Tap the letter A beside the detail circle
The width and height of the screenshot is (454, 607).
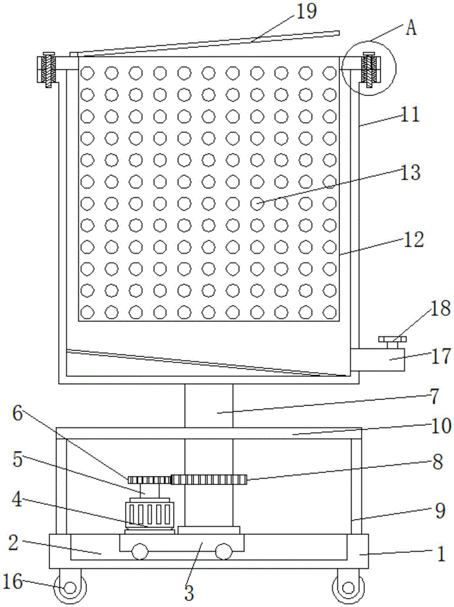tap(411, 29)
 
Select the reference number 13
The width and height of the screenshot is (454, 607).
tap(410, 172)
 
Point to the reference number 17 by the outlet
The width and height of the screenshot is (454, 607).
tap(441, 356)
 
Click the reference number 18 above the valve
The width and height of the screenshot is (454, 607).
tap(440, 308)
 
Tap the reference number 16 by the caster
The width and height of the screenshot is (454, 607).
tap(13, 582)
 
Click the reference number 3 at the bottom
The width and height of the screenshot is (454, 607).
tap(189, 592)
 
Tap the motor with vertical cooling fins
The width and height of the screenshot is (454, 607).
tap(149, 515)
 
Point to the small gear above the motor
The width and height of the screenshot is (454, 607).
tap(149, 480)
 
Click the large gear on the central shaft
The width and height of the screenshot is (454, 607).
tap(209, 480)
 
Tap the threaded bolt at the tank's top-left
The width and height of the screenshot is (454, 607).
tap(49, 70)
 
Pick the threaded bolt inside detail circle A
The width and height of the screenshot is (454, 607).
tap(369, 70)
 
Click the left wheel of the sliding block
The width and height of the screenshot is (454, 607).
tap(140, 551)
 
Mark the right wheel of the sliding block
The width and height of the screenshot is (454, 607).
tap(223, 551)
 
